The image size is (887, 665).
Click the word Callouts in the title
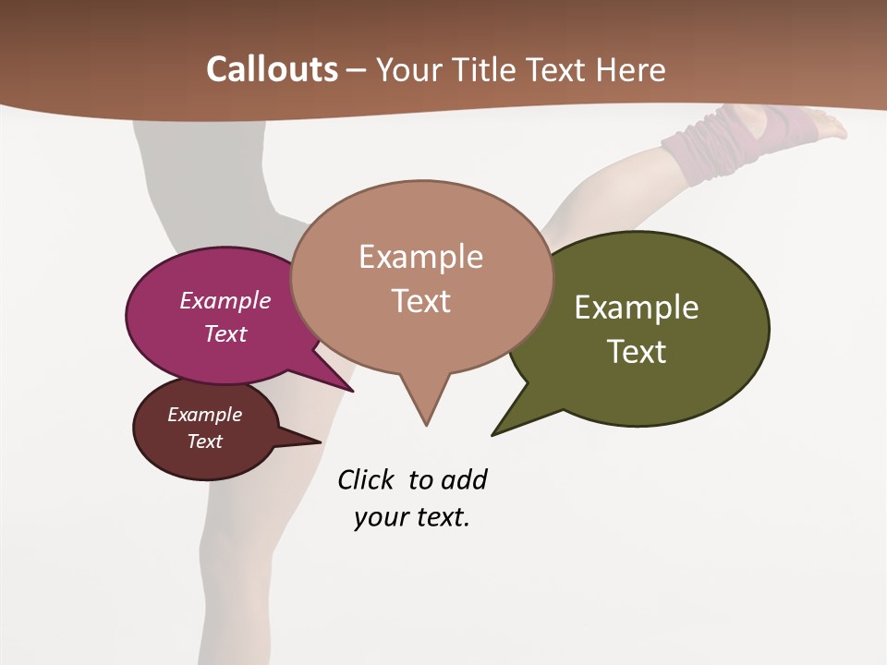(272, 69)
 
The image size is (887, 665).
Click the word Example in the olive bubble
(637, 308)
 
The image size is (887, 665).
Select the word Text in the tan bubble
(421, 301)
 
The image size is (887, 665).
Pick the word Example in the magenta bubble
(225, 301)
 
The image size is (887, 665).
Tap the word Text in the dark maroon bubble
(205, 441)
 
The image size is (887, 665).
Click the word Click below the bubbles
(365, 480)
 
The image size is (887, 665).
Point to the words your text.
(412, 518)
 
